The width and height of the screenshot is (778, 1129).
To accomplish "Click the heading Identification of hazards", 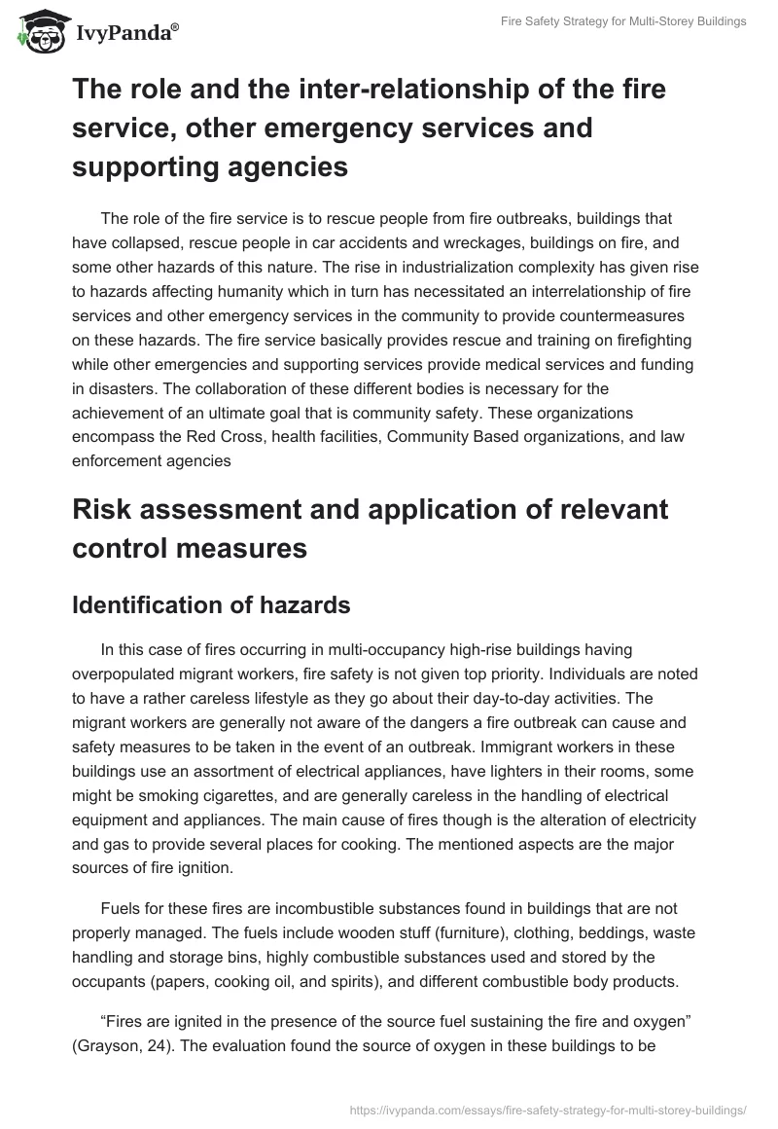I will click(211, 604).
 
